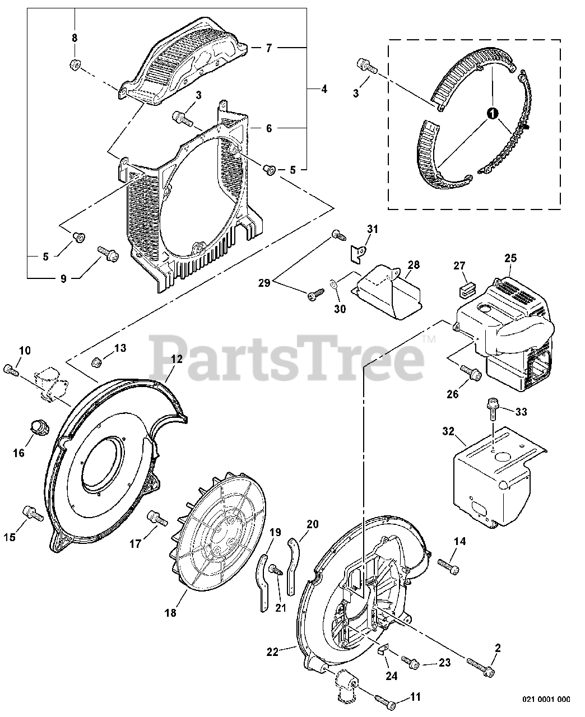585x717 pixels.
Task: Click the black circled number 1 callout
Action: (492, 114)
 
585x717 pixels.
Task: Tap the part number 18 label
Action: (170, 613)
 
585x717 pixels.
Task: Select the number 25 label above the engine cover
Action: (510, 259)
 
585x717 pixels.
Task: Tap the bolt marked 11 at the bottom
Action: (386, 701)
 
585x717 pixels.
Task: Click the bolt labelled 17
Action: (157, 518)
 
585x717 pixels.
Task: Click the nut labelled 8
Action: (73, 65)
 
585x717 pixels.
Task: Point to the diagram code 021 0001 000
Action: (546, 699)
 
